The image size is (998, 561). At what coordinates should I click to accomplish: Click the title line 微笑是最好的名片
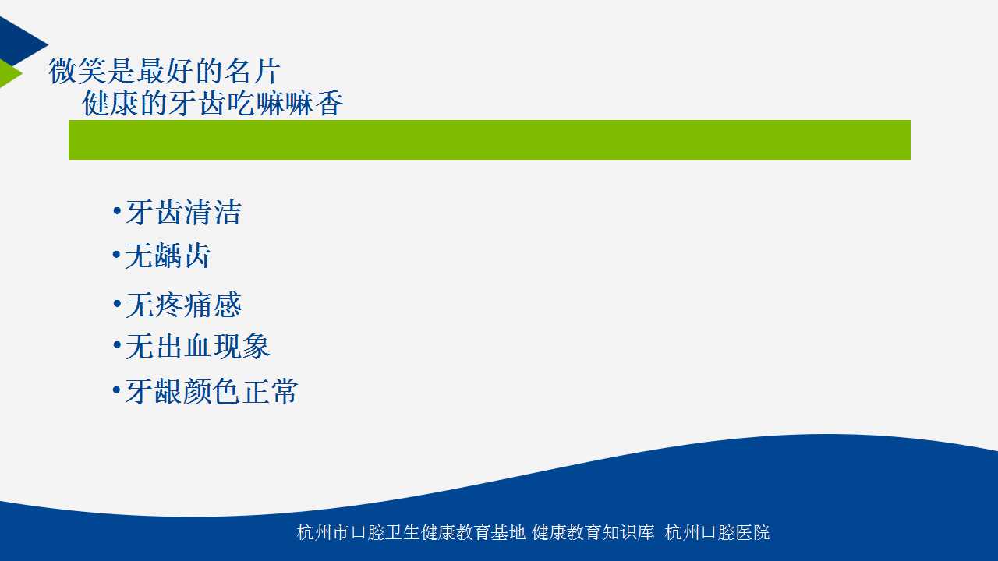(x=164, y=71)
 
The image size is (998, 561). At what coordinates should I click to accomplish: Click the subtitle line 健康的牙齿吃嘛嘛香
(x=213, y=104)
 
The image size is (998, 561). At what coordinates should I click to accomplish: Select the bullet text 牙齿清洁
(x=183, y=213)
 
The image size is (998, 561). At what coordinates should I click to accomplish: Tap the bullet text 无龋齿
(x=168, y=256)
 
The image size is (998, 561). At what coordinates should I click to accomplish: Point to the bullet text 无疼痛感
(x=183, y=305)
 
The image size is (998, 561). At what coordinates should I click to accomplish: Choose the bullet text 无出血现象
(x=198, y=347)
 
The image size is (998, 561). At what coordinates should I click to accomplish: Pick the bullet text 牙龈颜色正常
(x=211, y=391)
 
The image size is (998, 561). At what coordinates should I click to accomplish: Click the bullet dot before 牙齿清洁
(x=117, y=210)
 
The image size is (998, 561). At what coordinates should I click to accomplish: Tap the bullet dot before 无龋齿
(x=117, y=255)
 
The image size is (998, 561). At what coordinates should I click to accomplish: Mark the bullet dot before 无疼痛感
(x=117, y=304)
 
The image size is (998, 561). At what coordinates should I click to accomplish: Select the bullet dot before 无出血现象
(x=117, y=344)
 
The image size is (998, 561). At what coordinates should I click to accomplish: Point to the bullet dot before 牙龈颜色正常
(x=117, y=390)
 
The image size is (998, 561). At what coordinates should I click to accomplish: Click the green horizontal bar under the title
(x=489, y=139)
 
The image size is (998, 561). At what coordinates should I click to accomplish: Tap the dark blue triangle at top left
(x=18, y=42)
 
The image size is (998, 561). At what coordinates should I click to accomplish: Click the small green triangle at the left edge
(x=8, y=73)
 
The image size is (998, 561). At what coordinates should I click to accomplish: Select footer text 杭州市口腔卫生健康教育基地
(x=411, y=532)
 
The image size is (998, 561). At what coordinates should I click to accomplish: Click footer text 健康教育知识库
(x=593, y=532)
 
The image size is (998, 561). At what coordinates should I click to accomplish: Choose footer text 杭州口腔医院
(x=717, y=532)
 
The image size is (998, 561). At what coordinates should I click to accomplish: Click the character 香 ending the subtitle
(x=329, y=104)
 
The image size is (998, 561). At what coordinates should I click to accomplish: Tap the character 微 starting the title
(x=62, y=71)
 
